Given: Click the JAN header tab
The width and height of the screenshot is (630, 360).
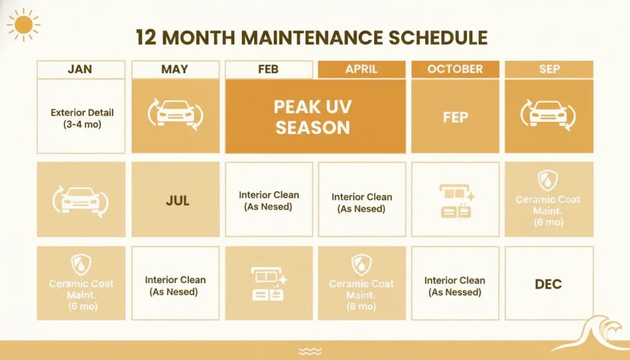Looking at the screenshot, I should click(x=81, y=70).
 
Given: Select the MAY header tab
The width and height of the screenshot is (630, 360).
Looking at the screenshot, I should click(x=175, y=70).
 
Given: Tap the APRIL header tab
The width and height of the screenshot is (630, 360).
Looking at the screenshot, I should click(x=361, y=70).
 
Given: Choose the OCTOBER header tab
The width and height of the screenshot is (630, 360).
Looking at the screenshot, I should click(x=455, y=70).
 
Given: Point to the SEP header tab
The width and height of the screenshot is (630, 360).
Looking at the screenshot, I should click(x=549, y=70).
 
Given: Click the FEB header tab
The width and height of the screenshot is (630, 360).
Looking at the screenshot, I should click(x=269, y=70).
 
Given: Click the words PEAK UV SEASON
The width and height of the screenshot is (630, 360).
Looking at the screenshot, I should click(x=314, y=117).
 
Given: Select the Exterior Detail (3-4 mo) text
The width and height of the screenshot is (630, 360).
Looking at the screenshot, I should click(x=82, y=118).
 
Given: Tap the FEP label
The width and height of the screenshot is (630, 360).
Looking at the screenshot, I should click(x=455, y=117).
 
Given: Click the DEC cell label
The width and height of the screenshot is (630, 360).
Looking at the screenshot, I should click(x=549, y=284).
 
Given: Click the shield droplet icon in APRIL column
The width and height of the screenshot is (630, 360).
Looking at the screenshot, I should click(x=361, y=265).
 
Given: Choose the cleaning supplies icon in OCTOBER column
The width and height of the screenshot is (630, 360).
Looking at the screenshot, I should click(x=455, y=201).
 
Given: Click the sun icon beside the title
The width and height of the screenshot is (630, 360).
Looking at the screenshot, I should click(x=23, y=25).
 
